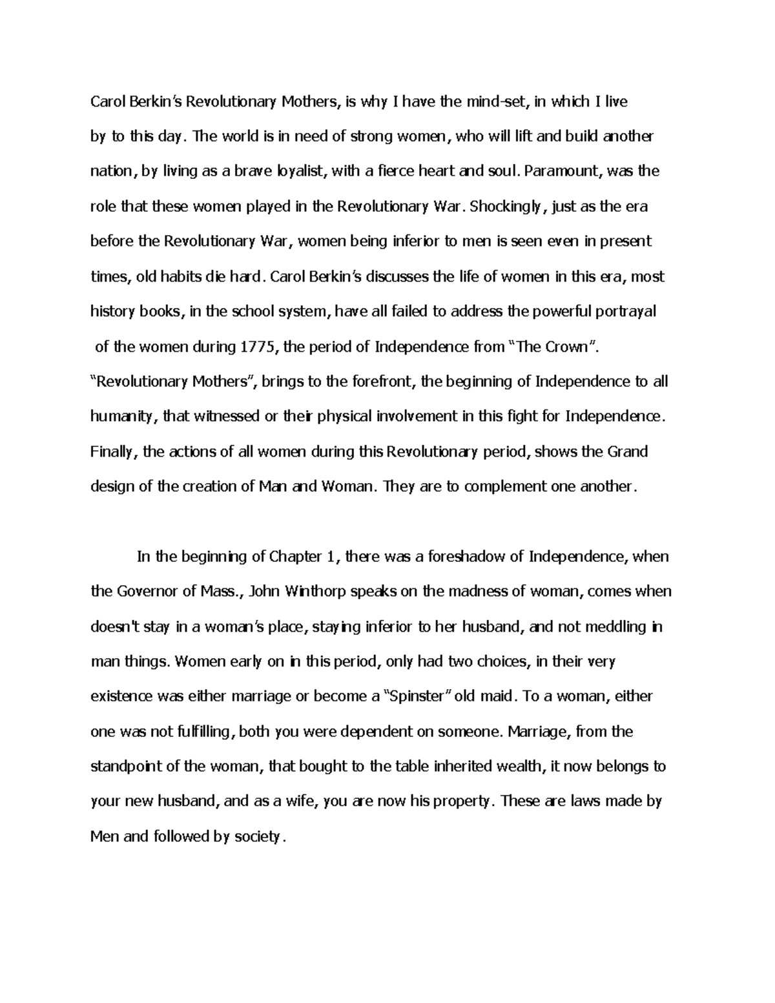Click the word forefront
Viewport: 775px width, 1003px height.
pos(382,382)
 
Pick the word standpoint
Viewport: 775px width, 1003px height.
pos(131,767)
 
